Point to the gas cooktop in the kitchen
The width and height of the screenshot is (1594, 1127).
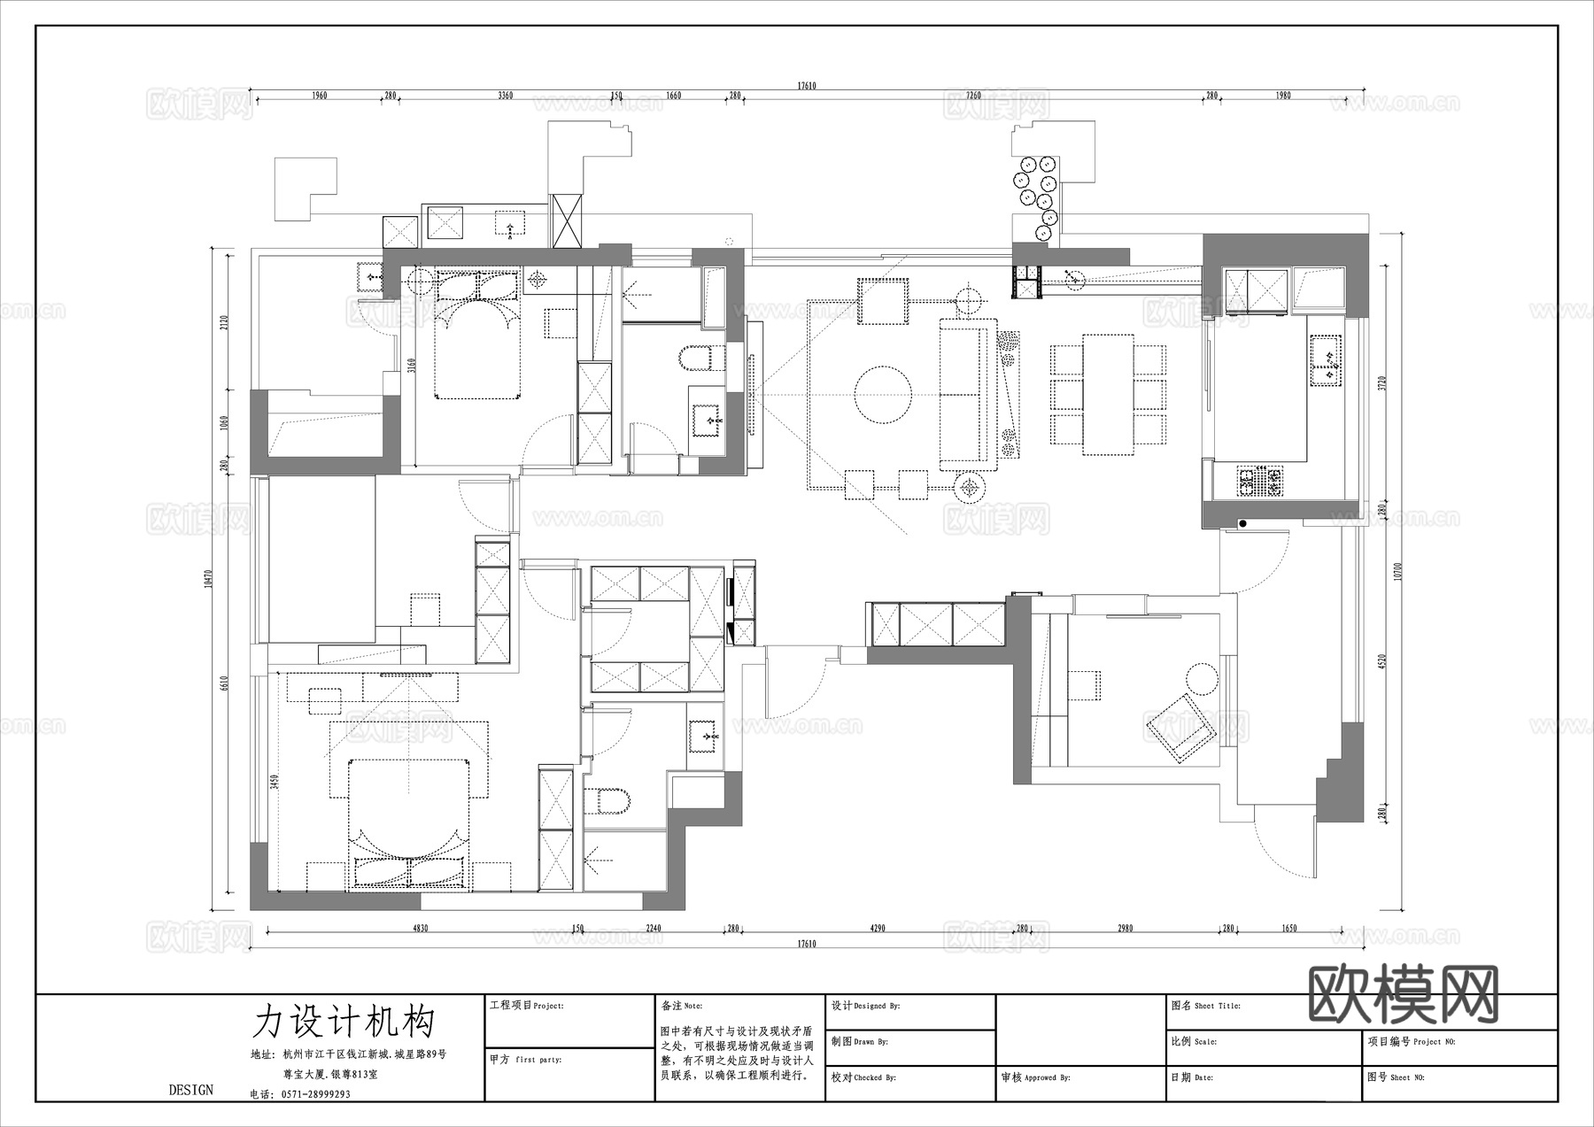click(x=1259, y=481)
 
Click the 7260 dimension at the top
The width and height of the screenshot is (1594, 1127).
click(x=973, y=96)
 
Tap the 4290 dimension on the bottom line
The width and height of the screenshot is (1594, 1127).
click(x=877, y=929)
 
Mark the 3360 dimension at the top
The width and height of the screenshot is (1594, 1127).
click(x=505, y=96)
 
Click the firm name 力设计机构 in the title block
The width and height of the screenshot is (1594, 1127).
click(x=344, y=1021)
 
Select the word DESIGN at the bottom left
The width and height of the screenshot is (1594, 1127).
click(x=191, y=1090)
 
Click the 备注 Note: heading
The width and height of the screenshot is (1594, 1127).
click(x=681, y=1007)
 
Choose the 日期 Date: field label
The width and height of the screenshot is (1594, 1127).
click(x=1191, y=1077)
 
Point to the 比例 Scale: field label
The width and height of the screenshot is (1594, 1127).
click(x=1193, y=1042)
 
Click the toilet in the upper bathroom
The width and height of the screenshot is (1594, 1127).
click(x=696, y=358)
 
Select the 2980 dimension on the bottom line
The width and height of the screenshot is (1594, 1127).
click(x=1125, y=929)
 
